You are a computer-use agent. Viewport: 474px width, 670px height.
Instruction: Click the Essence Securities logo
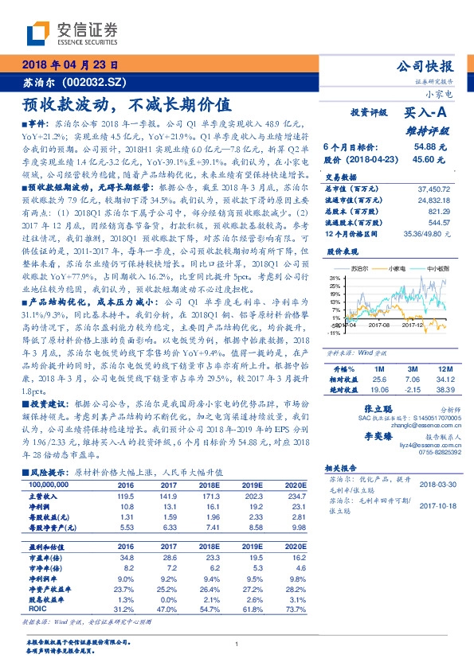pyautogui.click(x=72, y=33)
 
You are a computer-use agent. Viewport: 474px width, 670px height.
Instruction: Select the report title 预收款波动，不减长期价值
pyautogui.click(x=127, y=104)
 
